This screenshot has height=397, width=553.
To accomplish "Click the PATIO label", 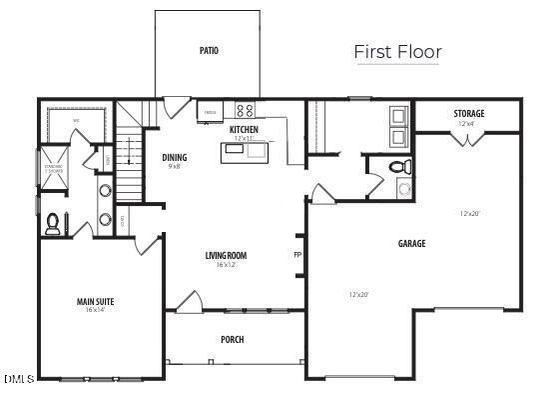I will coord(208,50).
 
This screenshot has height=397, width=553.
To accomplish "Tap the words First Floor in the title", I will coord(397,52).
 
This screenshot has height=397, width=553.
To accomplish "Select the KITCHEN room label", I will coord(245,130).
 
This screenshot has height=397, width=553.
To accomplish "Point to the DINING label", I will coord(175,157).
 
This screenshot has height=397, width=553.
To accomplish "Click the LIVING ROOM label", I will coord(226,256).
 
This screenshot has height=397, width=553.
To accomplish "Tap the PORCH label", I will coord(232,339).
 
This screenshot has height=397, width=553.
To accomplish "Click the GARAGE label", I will coord(411,243).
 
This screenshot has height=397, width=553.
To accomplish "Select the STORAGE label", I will coord(468,114).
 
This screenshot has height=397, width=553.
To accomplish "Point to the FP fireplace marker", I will coord(296,255).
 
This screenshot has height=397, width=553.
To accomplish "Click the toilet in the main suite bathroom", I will coord(52,222).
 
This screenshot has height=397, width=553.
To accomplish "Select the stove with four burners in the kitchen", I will coord(245,110).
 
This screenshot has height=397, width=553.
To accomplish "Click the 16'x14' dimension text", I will coord(96,310).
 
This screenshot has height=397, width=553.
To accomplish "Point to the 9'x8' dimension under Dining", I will coord(174,166).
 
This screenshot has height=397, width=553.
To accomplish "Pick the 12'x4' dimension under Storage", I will coord(467,124).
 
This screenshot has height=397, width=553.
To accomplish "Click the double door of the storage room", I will coord(465,139).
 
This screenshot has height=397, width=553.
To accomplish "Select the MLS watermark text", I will coord(19,379).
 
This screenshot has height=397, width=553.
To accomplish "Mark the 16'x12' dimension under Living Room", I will coord(226,265).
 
